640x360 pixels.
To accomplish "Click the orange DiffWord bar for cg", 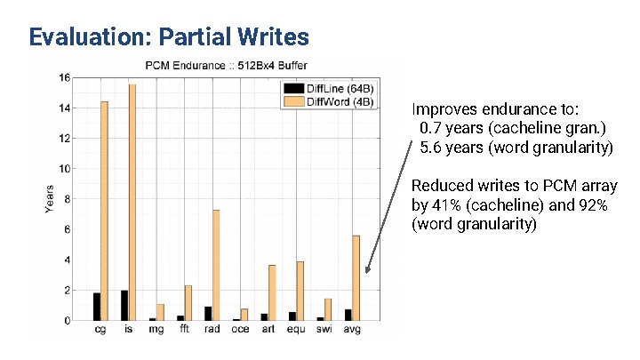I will tap(104, 211).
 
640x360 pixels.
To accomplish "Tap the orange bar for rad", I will tap(216, 265).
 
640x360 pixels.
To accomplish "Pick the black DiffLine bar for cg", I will tap(96, 307).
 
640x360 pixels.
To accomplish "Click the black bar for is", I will tap(124, 305).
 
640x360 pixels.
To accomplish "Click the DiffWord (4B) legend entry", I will tap(329, 101).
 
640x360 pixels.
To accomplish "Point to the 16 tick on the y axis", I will tap(65, 78).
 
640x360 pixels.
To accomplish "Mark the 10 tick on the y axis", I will tap(65, 169).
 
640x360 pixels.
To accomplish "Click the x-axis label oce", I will tap(240, 330).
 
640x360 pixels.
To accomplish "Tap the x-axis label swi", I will tap(324, 330).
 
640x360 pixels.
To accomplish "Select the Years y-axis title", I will tap(50, 198).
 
